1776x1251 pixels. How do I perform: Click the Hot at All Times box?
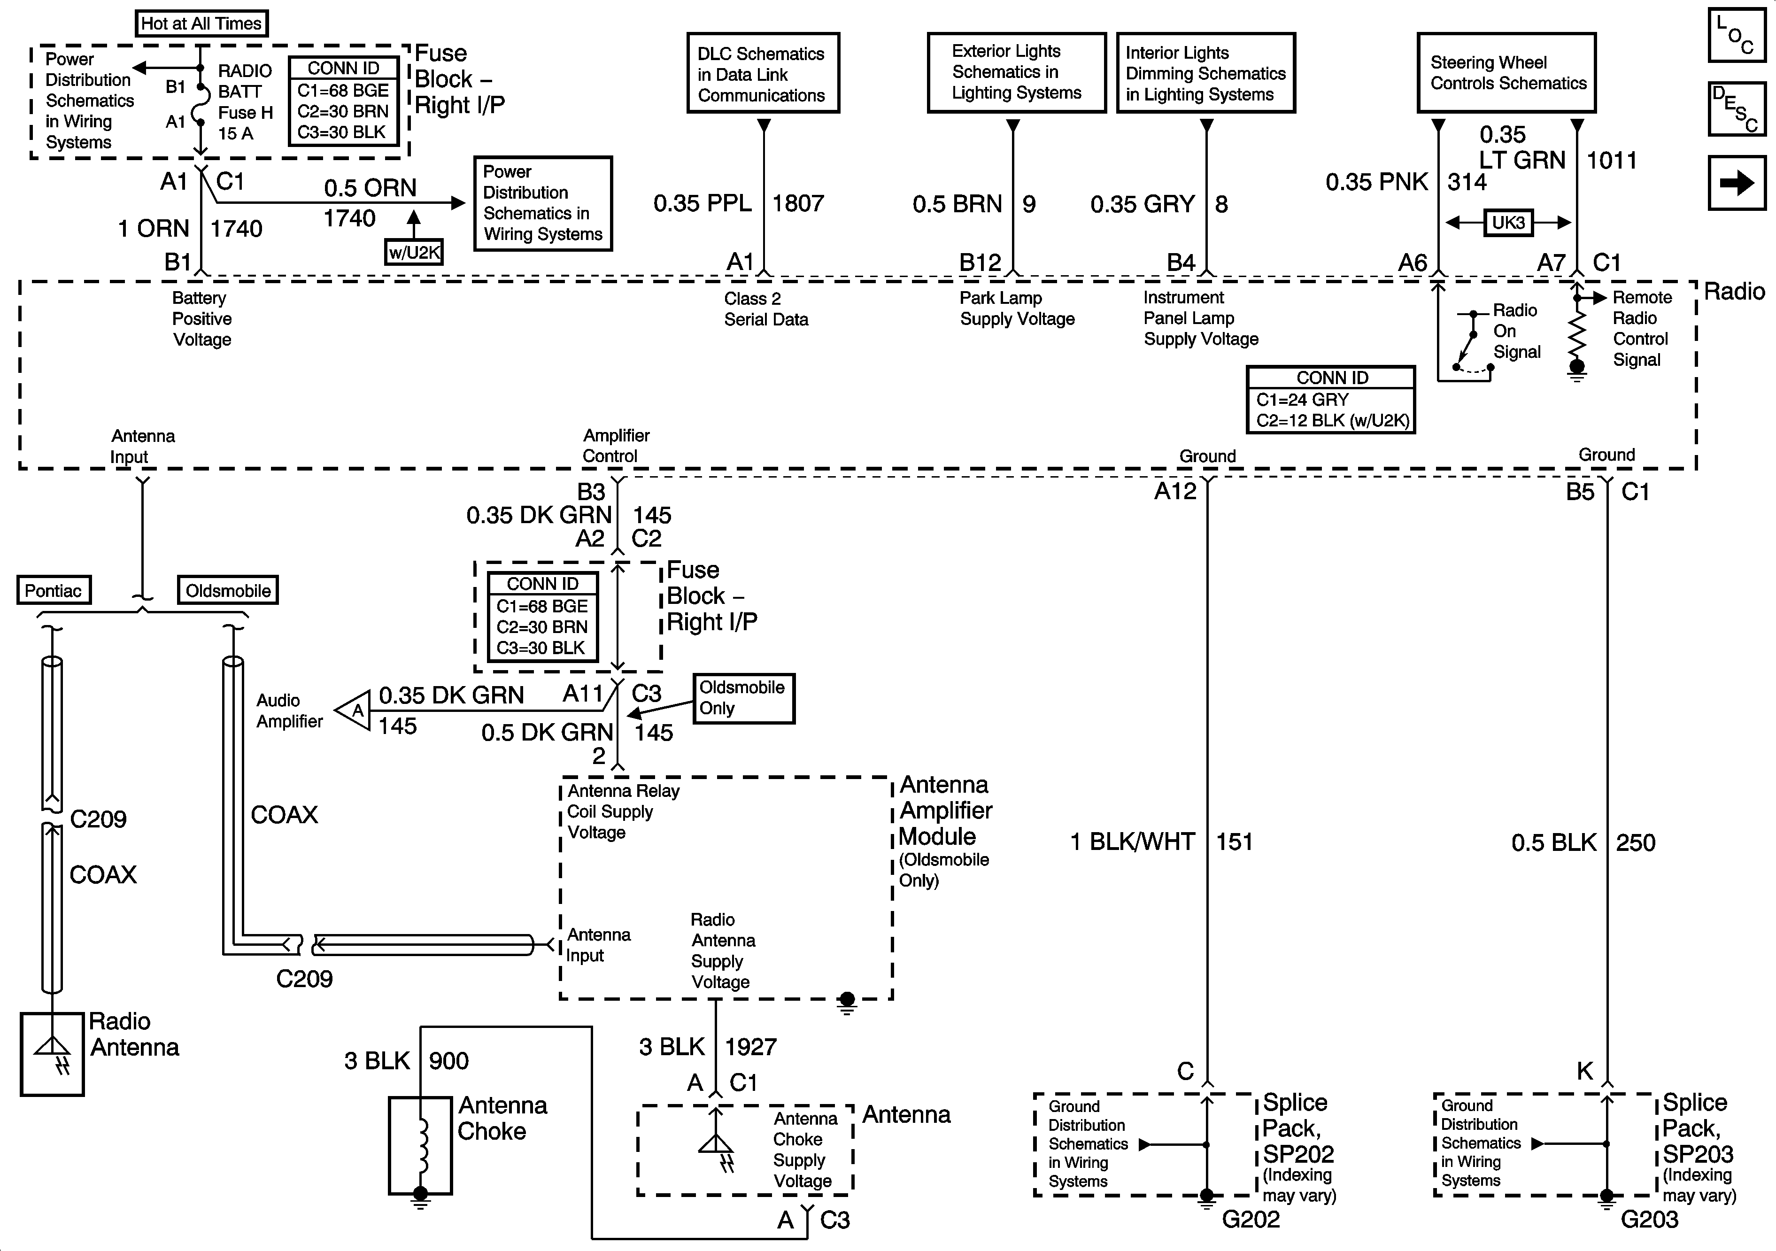pos(201,23)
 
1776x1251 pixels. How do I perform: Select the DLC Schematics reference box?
pos(763,74)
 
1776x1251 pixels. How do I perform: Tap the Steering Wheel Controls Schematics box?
pos(1506,73)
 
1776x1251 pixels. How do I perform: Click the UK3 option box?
pos(1507,223)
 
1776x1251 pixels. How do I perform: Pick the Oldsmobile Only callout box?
pos(742,698)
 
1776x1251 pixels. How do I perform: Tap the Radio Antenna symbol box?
pos(52,1054)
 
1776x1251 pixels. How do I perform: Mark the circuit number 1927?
pos(750,1047)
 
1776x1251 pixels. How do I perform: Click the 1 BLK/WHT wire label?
pos(1132,842)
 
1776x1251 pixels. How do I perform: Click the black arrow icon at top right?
pos(1737,183)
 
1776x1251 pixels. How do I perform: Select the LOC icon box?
pos(1737,35)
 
